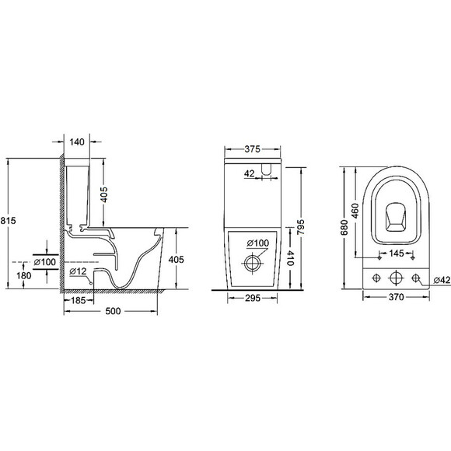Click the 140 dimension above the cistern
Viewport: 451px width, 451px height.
coord(76,143)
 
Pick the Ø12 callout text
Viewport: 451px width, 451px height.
coord(78,271)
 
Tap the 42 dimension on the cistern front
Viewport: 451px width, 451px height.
coord(250,173)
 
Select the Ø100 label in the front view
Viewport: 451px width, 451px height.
coord(257,243)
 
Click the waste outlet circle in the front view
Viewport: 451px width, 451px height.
coord(252,262)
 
